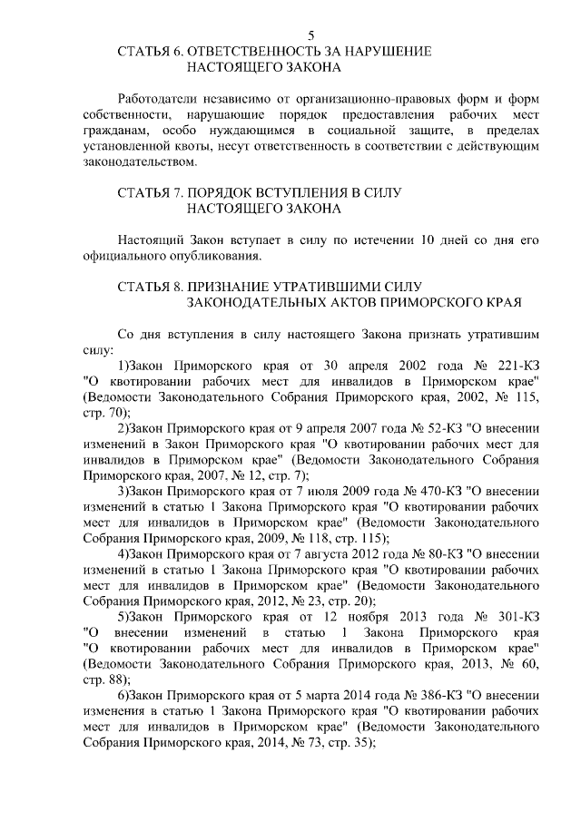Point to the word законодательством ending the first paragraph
point(138,162)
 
